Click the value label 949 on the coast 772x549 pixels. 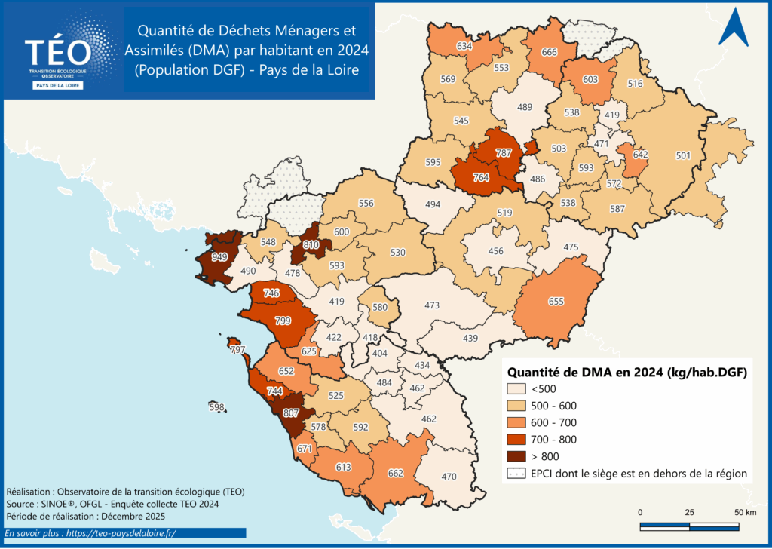pos(219,257)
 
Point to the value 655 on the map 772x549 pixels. pos(556,302)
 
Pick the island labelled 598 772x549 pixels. pos(217,408)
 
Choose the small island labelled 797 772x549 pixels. pos(237,350)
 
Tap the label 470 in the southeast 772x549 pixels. pos(449,476)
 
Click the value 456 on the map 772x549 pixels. pos(496,251)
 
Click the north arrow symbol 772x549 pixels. pos(732,28)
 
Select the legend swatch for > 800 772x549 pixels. pos(516,456)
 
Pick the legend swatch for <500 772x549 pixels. pos(516,389)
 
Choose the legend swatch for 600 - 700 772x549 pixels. pos(516,422)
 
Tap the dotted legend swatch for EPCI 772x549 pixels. pos(516,474)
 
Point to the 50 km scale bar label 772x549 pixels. pos(744,513)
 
